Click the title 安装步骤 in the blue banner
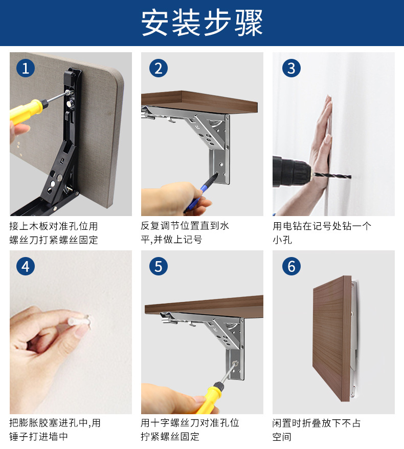[202, 23]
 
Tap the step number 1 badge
[26, 68]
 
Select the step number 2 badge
[159, 68]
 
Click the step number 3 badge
[291, 68]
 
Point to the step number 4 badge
[26, 266]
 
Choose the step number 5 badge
[159, 266]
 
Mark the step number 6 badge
[291, 266]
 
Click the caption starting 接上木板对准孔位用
[54, 232]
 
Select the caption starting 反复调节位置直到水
[185, 232]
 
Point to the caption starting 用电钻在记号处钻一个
[322, 232]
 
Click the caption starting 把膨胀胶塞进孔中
[55, 430]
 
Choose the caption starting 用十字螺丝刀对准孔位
[190, 430]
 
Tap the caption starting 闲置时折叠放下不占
[317, 430]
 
